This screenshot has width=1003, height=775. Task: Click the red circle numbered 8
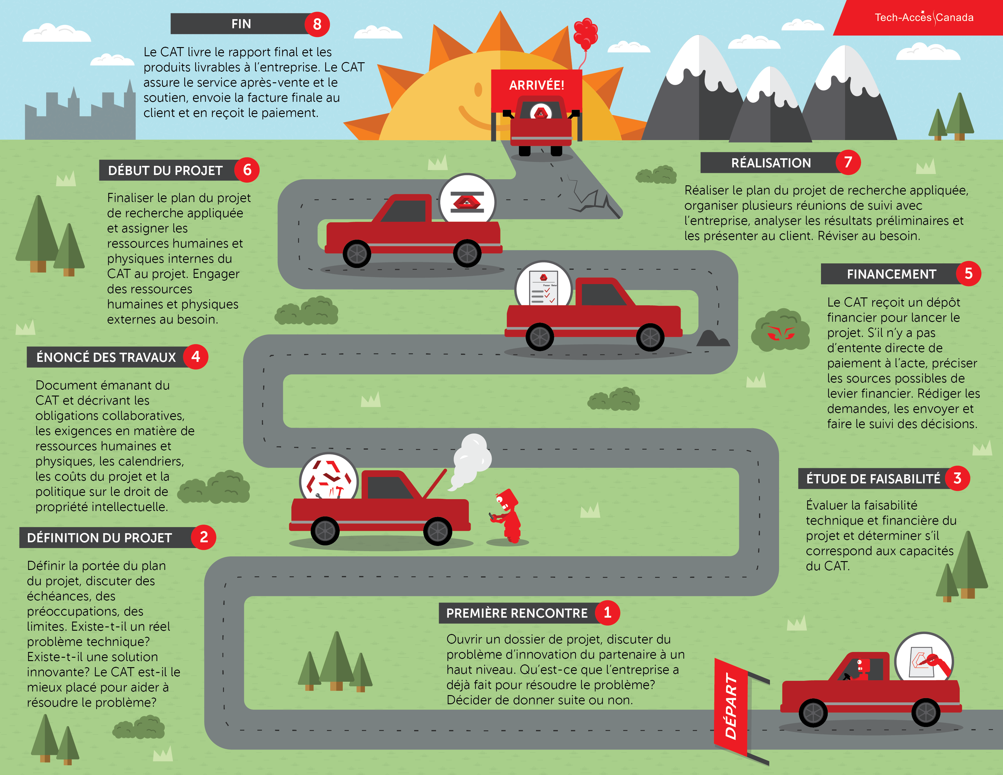(317, 24)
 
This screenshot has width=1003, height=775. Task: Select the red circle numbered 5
(968, 274)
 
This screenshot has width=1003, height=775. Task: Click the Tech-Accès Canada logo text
(924, 17)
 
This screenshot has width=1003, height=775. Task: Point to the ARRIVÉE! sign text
(536, 85)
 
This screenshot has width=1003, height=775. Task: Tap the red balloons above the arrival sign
(586, 33)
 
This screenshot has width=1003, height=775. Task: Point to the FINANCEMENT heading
(891, 274)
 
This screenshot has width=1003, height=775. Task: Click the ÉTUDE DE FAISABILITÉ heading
(873, 479)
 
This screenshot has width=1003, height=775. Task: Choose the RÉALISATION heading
(771, 163)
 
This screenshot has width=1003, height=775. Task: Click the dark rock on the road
(711, 339)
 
